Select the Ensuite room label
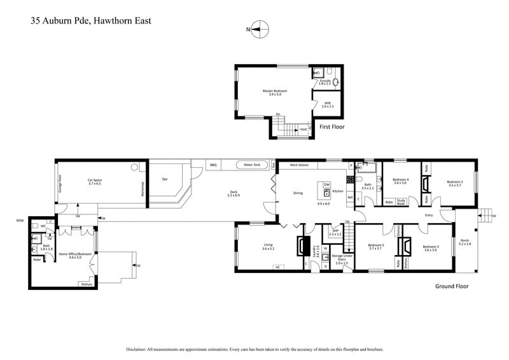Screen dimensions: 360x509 click(x=325, y=81)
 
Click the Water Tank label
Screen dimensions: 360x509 click(x=248, y=165)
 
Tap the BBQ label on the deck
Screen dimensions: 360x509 click(x=213, y=165)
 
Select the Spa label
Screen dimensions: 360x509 click(x=164, y=179)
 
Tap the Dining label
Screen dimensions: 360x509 click(x=298, y=193)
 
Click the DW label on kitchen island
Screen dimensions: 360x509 click(x=326, y=184)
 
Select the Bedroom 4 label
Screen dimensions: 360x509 click(x=399, y=181)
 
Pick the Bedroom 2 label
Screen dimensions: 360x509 click(x=454, y=181)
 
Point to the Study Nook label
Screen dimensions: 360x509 click(x=401, y=202)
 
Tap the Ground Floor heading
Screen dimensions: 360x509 click(x=452, y=286)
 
